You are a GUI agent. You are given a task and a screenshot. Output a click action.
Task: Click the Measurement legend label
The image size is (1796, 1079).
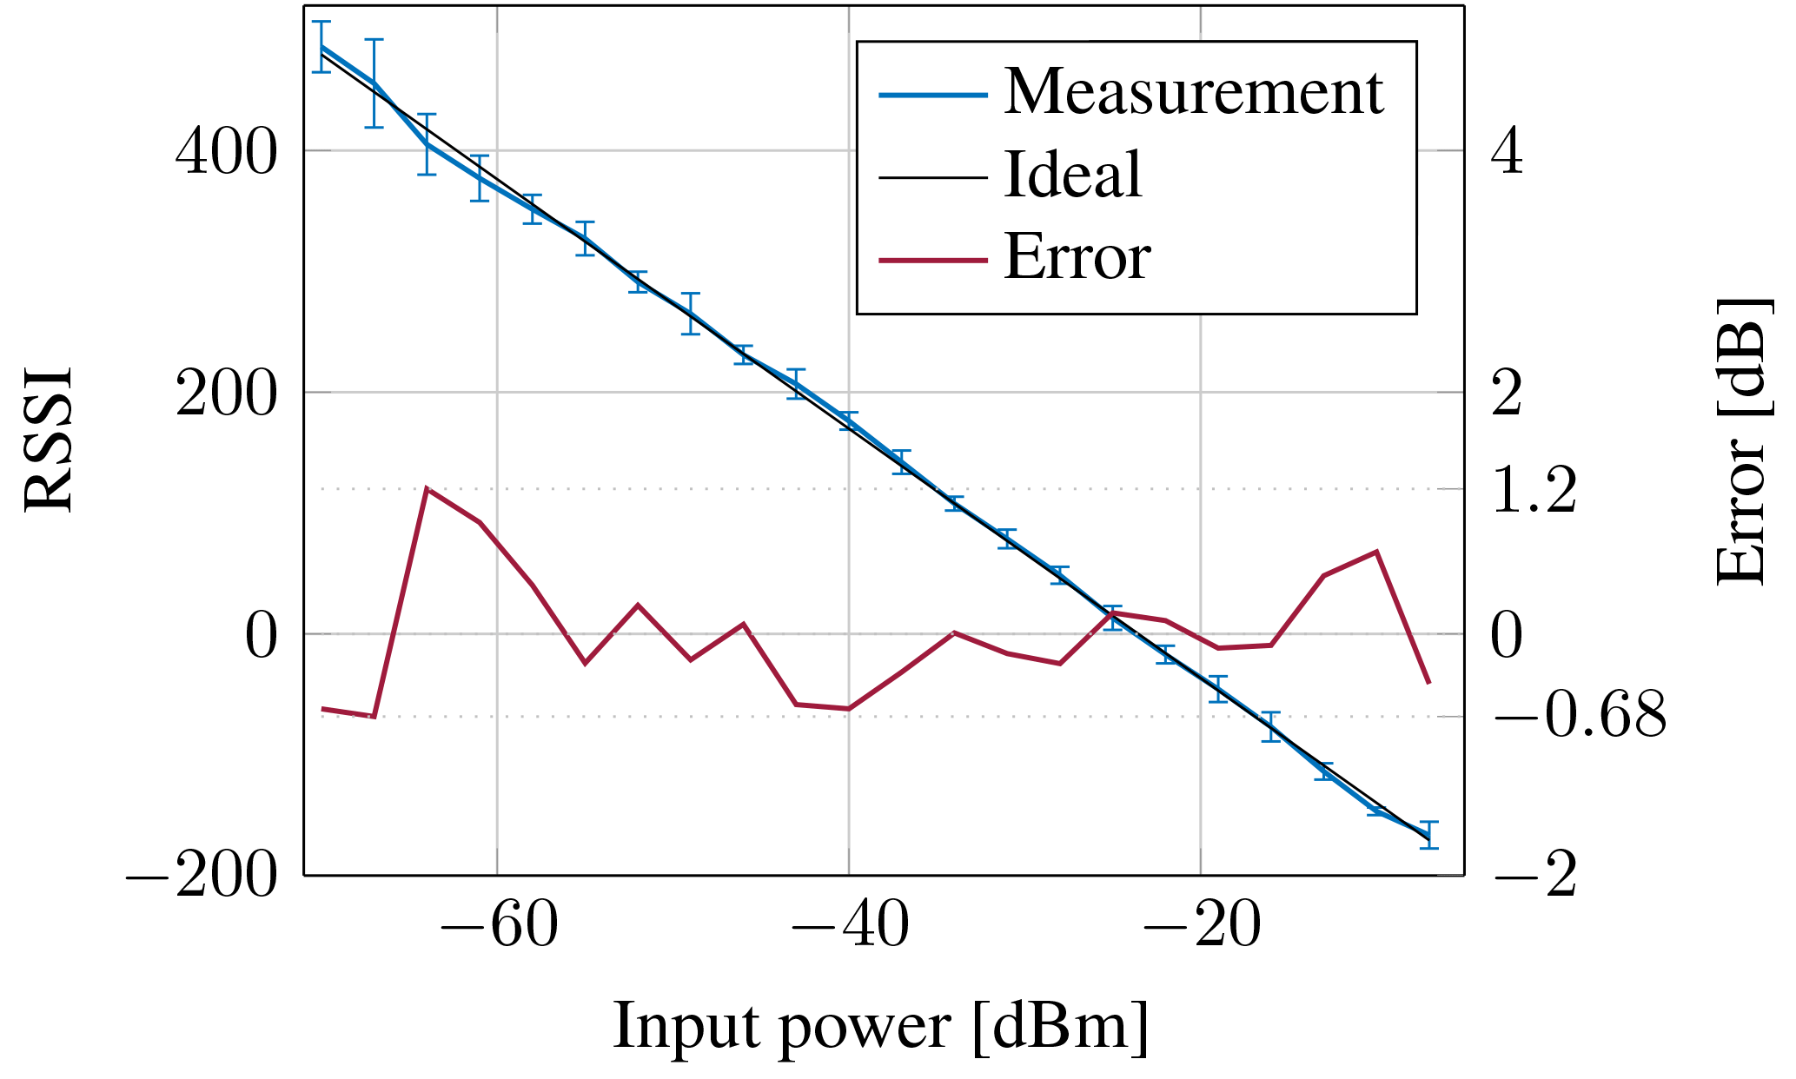(x=1192, y=92)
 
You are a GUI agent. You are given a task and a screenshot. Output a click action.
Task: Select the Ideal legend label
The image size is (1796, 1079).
(x=1072, y=175)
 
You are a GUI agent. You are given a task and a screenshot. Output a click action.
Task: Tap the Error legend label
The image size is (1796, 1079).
(x=1077, y=258)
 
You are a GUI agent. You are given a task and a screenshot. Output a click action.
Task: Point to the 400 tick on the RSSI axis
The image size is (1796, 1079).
(x=226, y=151)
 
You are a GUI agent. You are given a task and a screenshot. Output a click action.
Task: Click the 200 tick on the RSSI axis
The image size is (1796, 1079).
(x=226, y=393)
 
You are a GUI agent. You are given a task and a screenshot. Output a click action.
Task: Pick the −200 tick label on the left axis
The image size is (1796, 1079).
(x=202, y=875)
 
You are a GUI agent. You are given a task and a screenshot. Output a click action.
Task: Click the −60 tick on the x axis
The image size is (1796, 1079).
(x=498, y=926)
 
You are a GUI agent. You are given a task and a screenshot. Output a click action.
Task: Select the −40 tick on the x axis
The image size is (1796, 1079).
(x=849, y=926)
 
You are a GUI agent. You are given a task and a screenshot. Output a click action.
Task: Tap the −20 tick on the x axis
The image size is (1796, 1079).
(x=1201, y=926)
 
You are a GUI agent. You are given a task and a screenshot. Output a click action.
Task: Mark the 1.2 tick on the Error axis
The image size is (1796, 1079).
(x=1534, y=490)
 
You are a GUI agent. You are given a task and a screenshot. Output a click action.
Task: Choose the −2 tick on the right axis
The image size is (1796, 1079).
(x=1534, y=875)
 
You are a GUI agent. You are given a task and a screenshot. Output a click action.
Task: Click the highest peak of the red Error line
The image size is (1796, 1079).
(x=427, y=489)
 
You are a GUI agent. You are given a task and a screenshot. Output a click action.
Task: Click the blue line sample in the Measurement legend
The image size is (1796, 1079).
(x=932, y=94)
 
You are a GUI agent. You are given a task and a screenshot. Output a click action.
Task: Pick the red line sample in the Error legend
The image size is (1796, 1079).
(x=932, y=260)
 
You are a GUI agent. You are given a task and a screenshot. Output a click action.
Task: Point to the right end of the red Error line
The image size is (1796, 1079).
(x=1428, y=683)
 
